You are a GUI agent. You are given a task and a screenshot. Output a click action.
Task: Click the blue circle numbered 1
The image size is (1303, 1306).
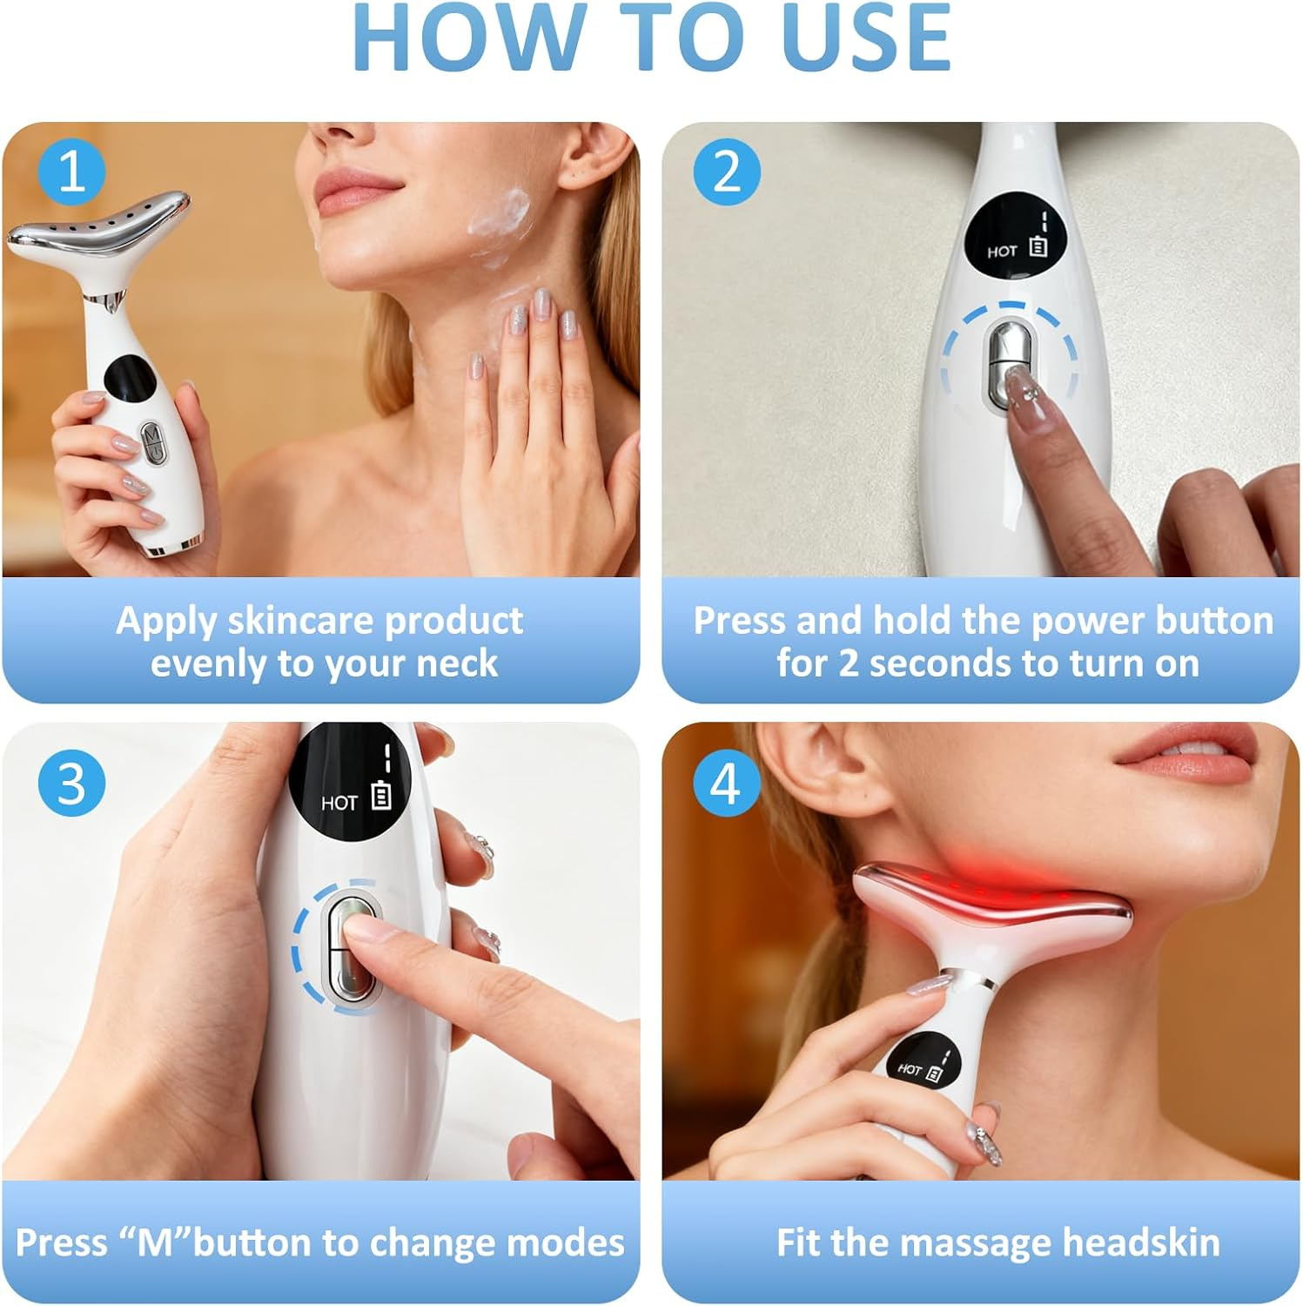tap(71, 172)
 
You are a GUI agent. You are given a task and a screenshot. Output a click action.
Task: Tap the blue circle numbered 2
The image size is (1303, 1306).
tap(727, 172)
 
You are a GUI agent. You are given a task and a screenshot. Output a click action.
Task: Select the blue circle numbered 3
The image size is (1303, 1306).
tap(71, 783)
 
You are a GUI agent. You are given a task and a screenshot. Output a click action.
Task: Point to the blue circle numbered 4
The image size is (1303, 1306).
tap(727, 783)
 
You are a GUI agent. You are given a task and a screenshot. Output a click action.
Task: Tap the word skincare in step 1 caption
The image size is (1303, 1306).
tap(301, 621)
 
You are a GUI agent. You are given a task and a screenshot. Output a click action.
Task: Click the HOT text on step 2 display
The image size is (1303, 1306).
tap(1002, 252)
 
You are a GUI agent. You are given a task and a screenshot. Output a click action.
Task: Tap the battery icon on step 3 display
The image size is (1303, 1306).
tap(381, 797)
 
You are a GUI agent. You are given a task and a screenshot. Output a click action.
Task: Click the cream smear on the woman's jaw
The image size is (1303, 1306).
tap(500, 218)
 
